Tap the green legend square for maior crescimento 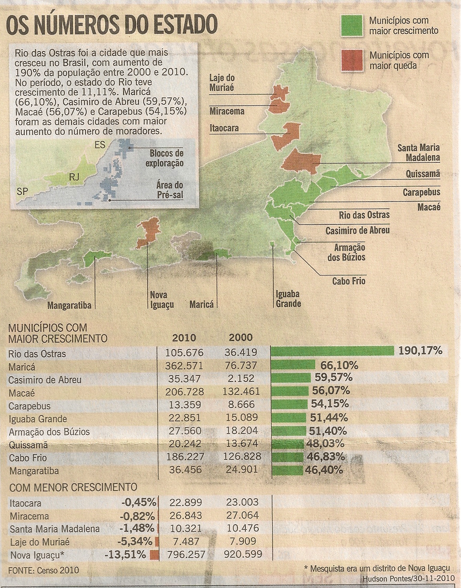[351, 26]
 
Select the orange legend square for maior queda [351, 60]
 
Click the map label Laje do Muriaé [221, 83]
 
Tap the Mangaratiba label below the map [69, 305]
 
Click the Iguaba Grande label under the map [288, 299]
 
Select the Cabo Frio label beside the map [349, 281]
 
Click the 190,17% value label [421, 351]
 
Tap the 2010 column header [184, 338]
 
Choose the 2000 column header [241, 338]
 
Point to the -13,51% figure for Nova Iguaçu [125, 555]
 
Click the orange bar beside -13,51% [154, 555]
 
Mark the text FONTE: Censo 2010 [43, 570]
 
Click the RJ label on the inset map [74, 177]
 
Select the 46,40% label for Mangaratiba [324, 470]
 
